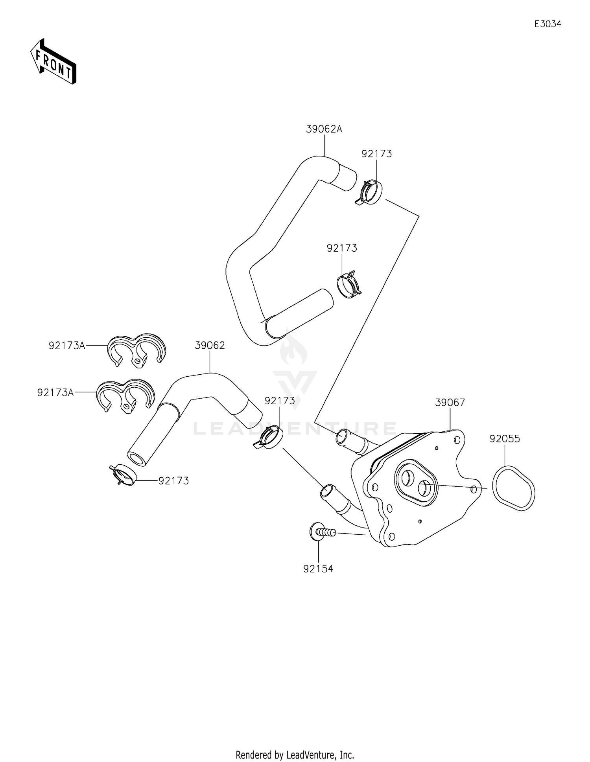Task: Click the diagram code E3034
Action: pos(548,24)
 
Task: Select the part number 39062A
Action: pos(324,129)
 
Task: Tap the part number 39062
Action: pos(210,346)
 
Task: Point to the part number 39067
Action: pos(450,402)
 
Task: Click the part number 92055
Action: pos(505,438)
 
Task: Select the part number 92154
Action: pos(318,569)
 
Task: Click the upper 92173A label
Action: pos(67,346)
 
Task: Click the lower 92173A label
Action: pos(55,392)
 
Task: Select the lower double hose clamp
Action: pos(125,395)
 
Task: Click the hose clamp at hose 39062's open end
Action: pos(123,475)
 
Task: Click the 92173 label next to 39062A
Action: pos(376,154)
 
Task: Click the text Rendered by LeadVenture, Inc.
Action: pos(295,755)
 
